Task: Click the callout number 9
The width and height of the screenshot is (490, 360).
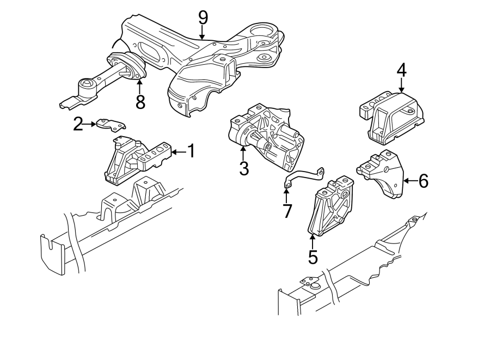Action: [x=203, y=17]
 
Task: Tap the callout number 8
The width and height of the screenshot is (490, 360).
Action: [x=140, y=102]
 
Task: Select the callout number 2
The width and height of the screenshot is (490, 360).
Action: [x=78, y=125]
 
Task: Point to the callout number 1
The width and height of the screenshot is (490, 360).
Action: [x=191, y=151]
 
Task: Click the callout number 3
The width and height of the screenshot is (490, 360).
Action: [x=243, y=169]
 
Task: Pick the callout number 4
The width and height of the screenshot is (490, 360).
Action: [x=401, y=70]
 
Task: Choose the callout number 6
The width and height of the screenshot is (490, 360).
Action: [x=422, y=181]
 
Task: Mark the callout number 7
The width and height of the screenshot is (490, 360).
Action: [x=287, y=210]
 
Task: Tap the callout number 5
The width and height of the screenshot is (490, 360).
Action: [x=313, y=255]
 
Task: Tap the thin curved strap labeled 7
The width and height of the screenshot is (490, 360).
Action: [x=304, y=177]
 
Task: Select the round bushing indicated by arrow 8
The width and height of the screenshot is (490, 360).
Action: [x=126, y=67]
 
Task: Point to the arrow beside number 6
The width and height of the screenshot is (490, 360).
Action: [x=409, y=180]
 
